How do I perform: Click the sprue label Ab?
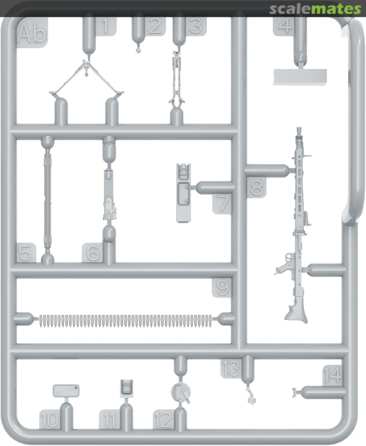31,33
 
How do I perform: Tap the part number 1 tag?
105,26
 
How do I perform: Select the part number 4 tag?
284,26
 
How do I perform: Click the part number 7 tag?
222,203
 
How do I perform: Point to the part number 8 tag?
256,187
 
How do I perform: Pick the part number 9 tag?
222,287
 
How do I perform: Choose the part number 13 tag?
231,369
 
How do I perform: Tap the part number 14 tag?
332,375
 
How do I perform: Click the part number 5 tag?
26,253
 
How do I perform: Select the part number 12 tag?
163,419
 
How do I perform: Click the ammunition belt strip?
125,321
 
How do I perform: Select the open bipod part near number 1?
86,77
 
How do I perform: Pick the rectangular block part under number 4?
300,77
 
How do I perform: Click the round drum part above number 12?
181,392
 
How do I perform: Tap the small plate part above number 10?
66,391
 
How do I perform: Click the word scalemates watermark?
315,9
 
